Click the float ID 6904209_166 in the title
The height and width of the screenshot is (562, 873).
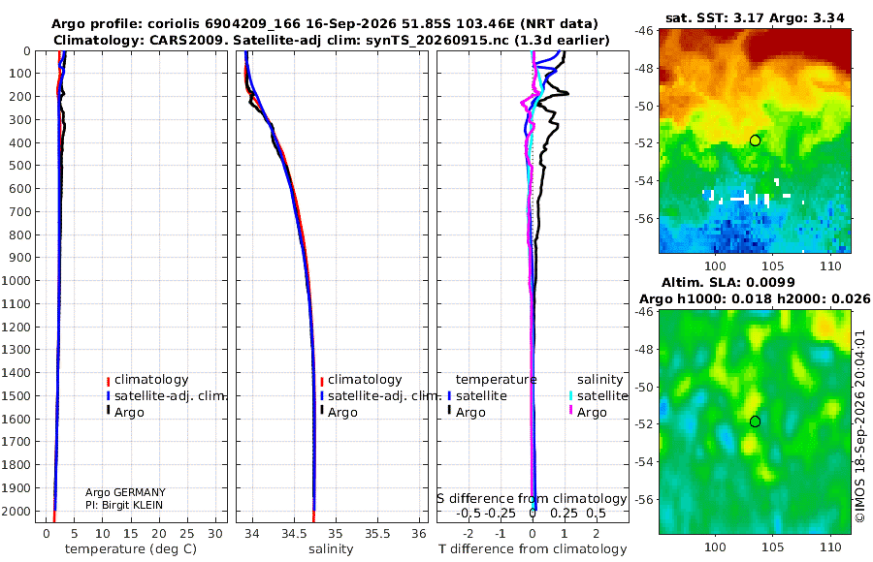(253, 24)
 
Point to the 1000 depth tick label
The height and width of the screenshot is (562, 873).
(16, 280)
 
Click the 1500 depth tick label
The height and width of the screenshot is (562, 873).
(16, 395)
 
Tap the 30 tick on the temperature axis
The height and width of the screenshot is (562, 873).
(215, 534)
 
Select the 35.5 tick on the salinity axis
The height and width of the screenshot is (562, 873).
(377, 534)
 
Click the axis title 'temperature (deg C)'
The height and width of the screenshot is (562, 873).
(131, 549)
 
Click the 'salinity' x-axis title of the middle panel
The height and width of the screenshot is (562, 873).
(331, 549)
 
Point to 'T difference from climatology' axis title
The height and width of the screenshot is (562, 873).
(533, 549)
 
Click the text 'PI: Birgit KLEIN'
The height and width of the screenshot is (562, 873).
(124, 505)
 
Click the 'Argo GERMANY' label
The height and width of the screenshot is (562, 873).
(125, 492)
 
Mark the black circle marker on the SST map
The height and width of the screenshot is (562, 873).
(755, 140)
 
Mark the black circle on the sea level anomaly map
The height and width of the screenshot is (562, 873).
(755, 421)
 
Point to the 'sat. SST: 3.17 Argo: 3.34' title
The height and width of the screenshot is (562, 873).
(755, 17)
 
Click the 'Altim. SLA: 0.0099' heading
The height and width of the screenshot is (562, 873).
(728, 282)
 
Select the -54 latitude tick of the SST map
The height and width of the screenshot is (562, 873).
(644, 181)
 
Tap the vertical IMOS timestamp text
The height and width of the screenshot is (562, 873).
(860, 426)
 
